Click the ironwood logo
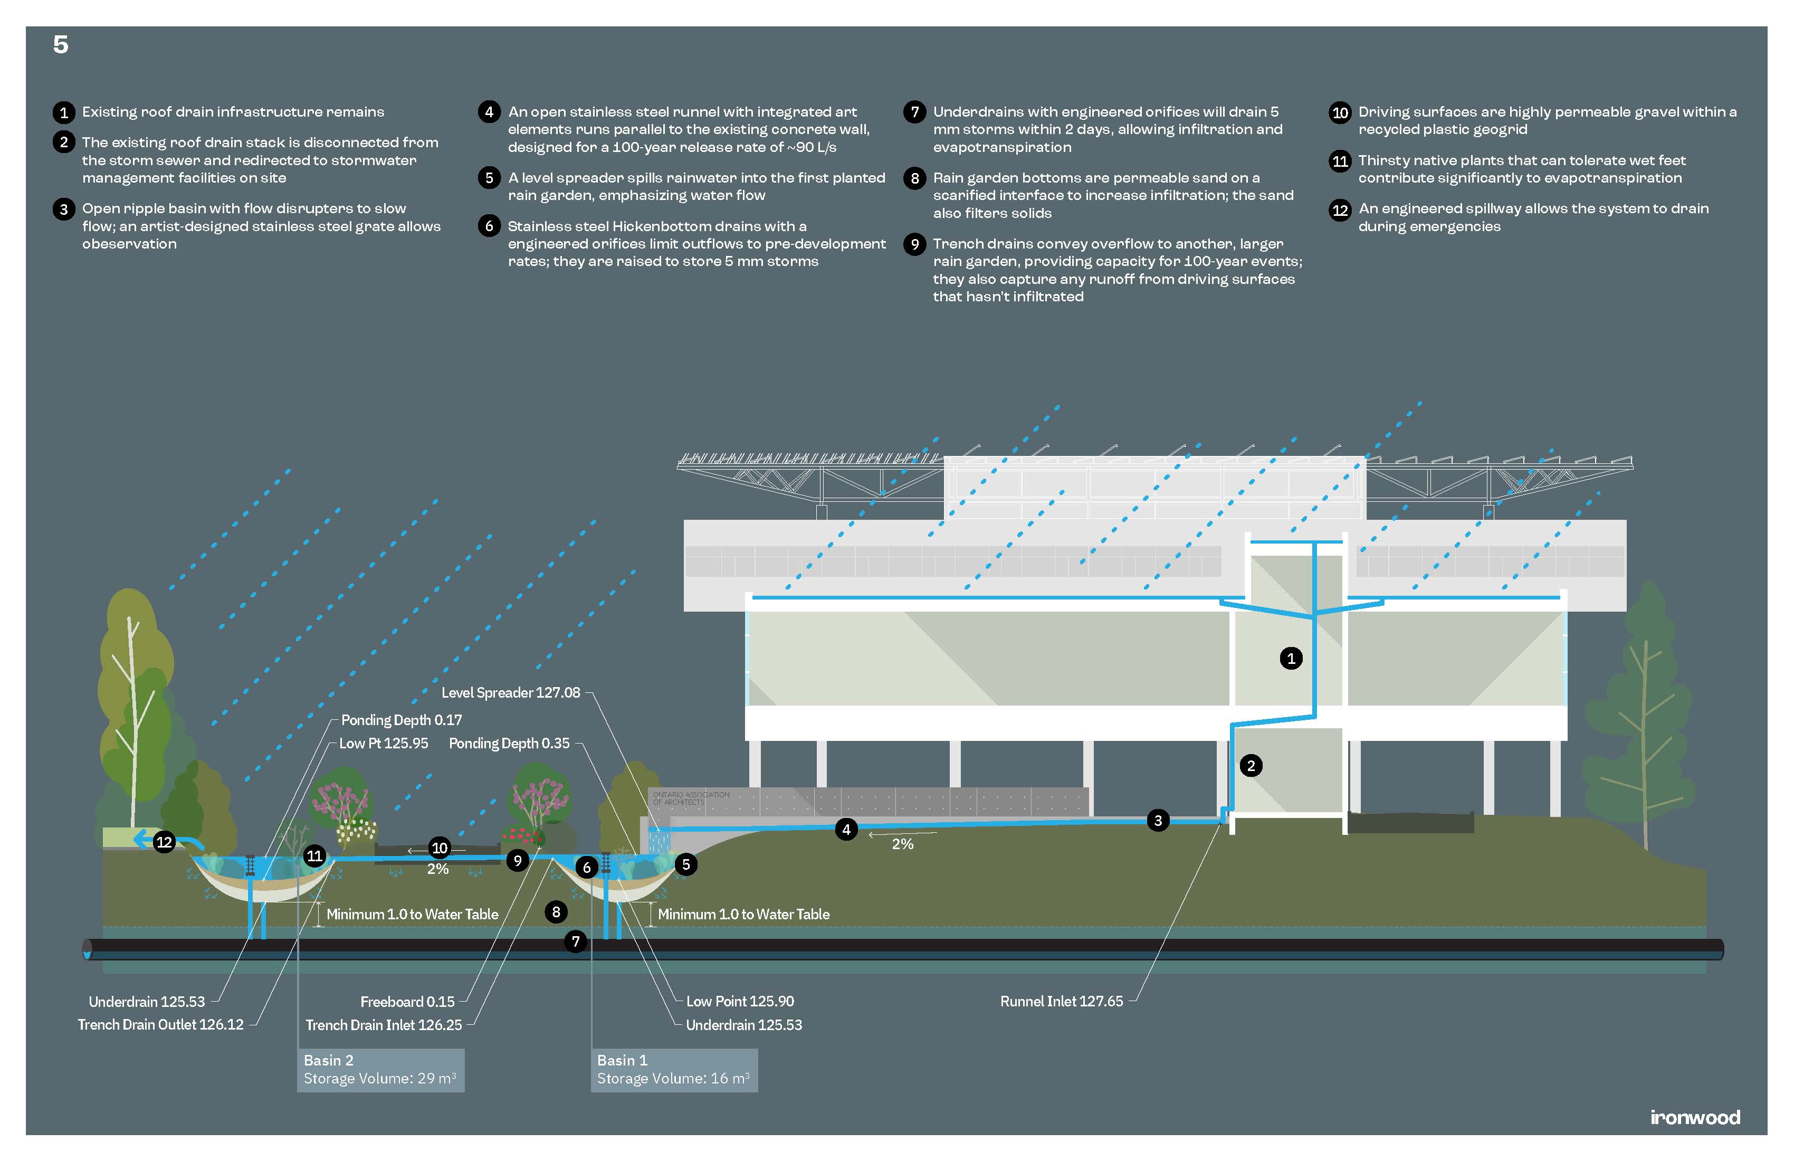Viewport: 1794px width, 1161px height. pos(1694,1117)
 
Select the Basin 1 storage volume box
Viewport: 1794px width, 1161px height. pos(673,1070)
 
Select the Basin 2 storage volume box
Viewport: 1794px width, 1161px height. pos(380,1070)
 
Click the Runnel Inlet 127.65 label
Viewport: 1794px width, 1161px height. pos(1061,1001)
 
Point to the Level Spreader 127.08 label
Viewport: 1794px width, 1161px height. pos(510,692)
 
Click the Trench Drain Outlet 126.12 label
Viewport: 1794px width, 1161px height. pos(160,1024)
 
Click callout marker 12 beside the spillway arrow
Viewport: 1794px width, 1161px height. pos(164,842)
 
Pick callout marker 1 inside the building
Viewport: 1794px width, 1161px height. pos(1291,658)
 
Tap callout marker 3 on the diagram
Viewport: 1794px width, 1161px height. pos(1158,820)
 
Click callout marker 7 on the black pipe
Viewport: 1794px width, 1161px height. pos(575,941)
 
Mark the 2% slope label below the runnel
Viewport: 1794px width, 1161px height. pos(902,844)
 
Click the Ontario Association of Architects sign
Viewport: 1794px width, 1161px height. pos(691,798)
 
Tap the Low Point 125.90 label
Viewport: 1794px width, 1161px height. pos(739,1001)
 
